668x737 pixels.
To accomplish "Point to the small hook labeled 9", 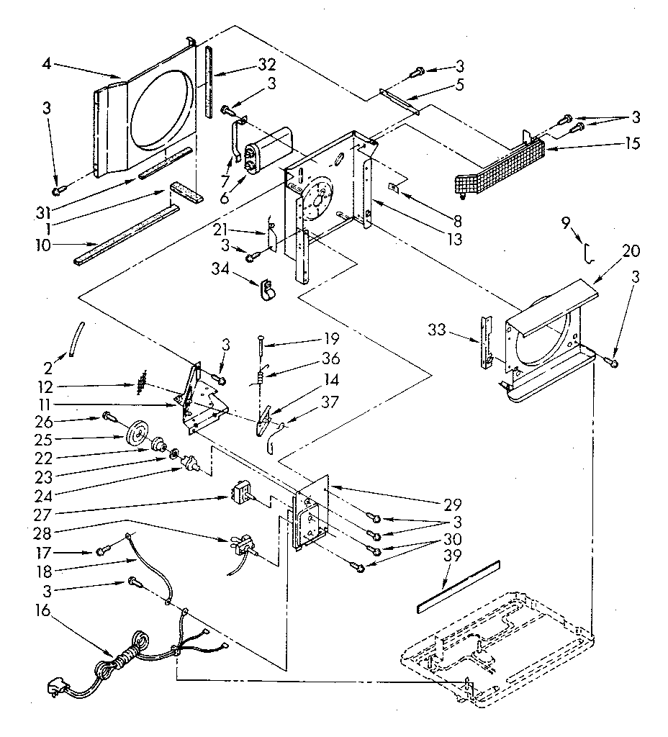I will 588,253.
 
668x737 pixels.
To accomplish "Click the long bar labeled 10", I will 126,232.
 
